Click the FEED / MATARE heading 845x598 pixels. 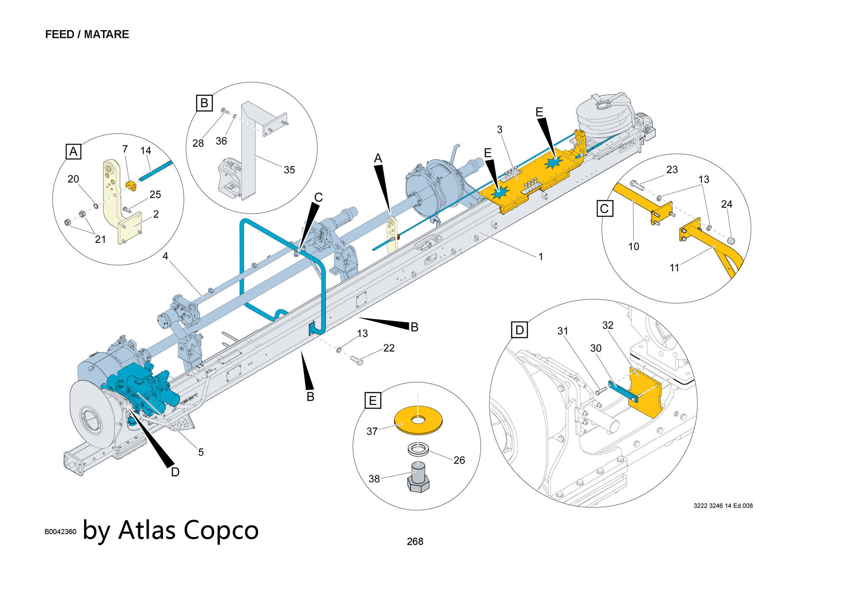coord(87,34)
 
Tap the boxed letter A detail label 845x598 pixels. coord(74,151)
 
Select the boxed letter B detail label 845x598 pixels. coord(204,103)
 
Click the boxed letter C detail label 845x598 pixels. coord(605,208)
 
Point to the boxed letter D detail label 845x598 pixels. coord(520,330)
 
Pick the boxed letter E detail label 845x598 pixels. coord(373,400)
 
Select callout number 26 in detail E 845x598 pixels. coord(459,460)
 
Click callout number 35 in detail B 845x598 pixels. coord(289,170)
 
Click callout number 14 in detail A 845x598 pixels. coord(146,151)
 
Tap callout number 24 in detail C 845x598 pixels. coord(727,204)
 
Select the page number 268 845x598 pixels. coord(415,541)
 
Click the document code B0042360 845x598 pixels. coord(60,532)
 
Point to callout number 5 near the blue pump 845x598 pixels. coord(201,452)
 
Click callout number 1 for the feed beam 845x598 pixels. coord(540,257)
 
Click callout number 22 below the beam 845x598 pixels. coord(389,348)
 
